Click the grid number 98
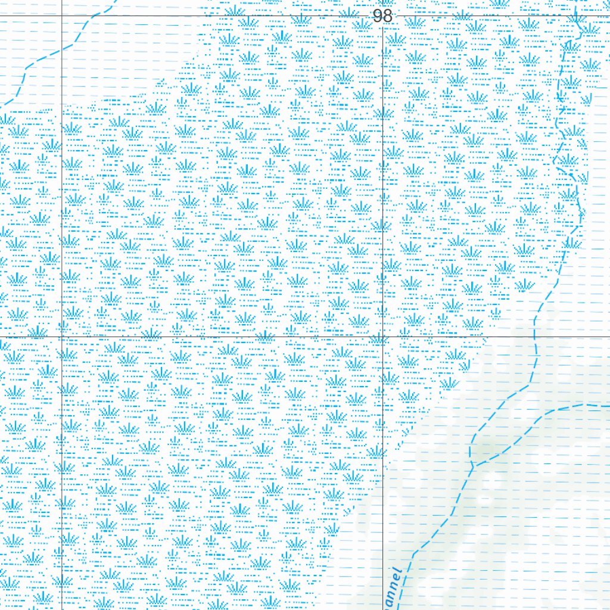(x=382, y=16)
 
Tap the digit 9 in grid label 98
(x=378, y=16)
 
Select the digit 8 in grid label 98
(x=387, y=16)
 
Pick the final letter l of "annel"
(x=400, y=573)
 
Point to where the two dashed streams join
(x=476, y=464)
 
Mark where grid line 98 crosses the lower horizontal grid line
(x=382, y=337)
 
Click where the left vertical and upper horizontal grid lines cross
(x=62, y=15)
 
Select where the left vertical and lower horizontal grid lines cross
(x=62, y=337)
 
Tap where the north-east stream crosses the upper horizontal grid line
(x=575, y=15)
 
